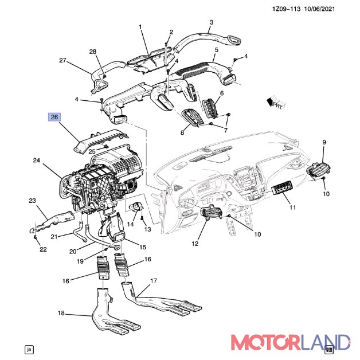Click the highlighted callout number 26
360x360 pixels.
click(x=54, y=117)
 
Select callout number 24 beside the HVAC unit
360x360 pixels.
click(x=37, y=161)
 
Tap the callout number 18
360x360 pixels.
click(x=61, y=313)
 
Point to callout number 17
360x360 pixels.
click(x=154, y=280)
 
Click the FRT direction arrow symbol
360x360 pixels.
click(x=276, y=101)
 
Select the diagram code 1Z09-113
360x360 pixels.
click(x=286, y=9)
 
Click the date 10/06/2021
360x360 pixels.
click(x=319, y=9)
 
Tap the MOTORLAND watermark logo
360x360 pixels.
click(x=291, y=342)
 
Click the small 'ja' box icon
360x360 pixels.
click(x=29, y=350)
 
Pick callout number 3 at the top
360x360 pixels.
click(x=211, y=22)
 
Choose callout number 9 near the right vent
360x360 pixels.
click(x=324, y=142)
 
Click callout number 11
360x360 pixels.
click(x=292, y=208)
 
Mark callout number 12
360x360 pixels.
click(x=195, y=244)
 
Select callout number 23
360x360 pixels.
click(x=32, y=201)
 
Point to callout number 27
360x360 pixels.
click(x=62, y=60)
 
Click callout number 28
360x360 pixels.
click(x=93, y=52)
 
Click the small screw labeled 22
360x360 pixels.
click(x=35, y=237)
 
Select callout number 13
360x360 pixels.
click(x=148, y=229)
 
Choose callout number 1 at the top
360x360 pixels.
click(x=140, y=27)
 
